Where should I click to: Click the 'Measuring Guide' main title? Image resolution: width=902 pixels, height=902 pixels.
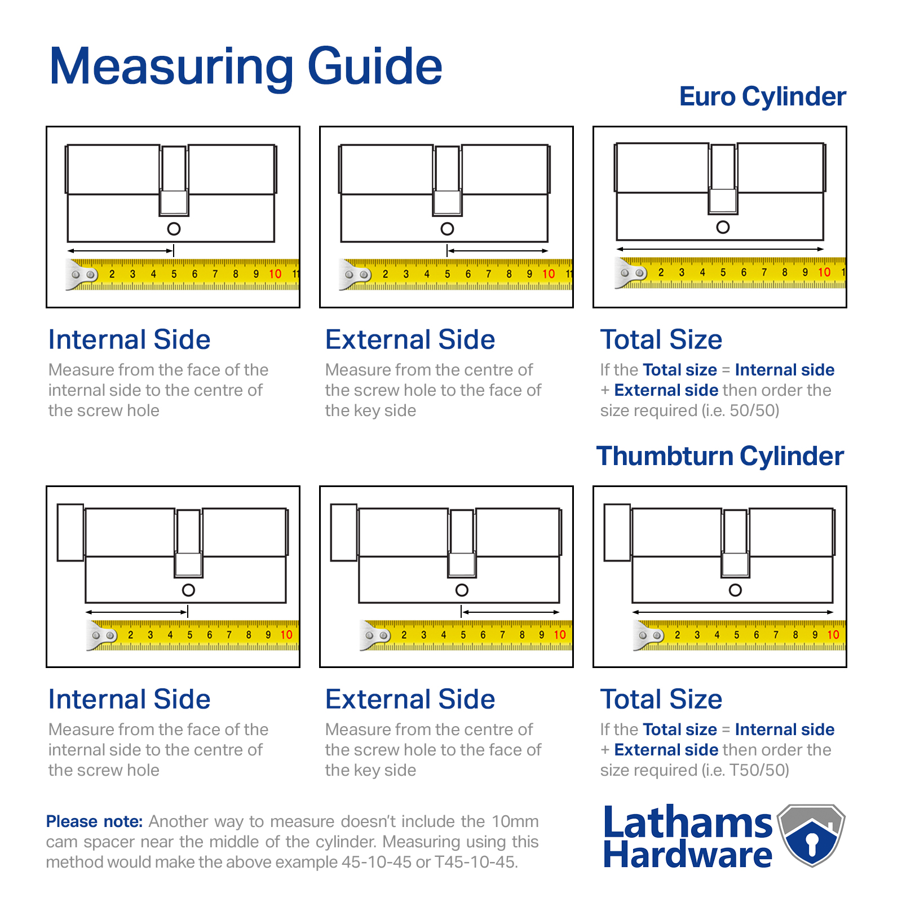246,67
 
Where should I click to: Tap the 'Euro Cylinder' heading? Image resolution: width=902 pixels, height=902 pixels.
762,96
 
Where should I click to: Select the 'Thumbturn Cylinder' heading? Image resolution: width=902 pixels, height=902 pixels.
720,456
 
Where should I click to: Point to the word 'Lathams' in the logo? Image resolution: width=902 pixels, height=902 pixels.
687,823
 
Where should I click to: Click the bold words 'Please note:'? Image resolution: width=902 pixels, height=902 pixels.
94,821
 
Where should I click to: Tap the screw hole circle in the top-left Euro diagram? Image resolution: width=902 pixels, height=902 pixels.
174,229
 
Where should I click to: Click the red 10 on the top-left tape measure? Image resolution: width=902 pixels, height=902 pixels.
275,274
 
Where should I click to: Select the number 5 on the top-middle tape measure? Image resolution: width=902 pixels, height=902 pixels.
447,274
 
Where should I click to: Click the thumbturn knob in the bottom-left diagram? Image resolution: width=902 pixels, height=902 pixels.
70,532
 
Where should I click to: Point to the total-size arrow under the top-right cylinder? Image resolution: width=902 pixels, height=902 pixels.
720,249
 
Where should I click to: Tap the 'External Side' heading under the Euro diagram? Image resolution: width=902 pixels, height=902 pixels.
410,339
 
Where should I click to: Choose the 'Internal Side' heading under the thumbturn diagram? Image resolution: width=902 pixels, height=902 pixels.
129,699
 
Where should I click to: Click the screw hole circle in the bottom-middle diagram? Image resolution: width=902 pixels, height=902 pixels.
462,590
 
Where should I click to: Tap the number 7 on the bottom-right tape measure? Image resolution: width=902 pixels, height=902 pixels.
776,635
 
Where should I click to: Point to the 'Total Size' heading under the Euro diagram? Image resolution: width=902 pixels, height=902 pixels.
661,339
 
